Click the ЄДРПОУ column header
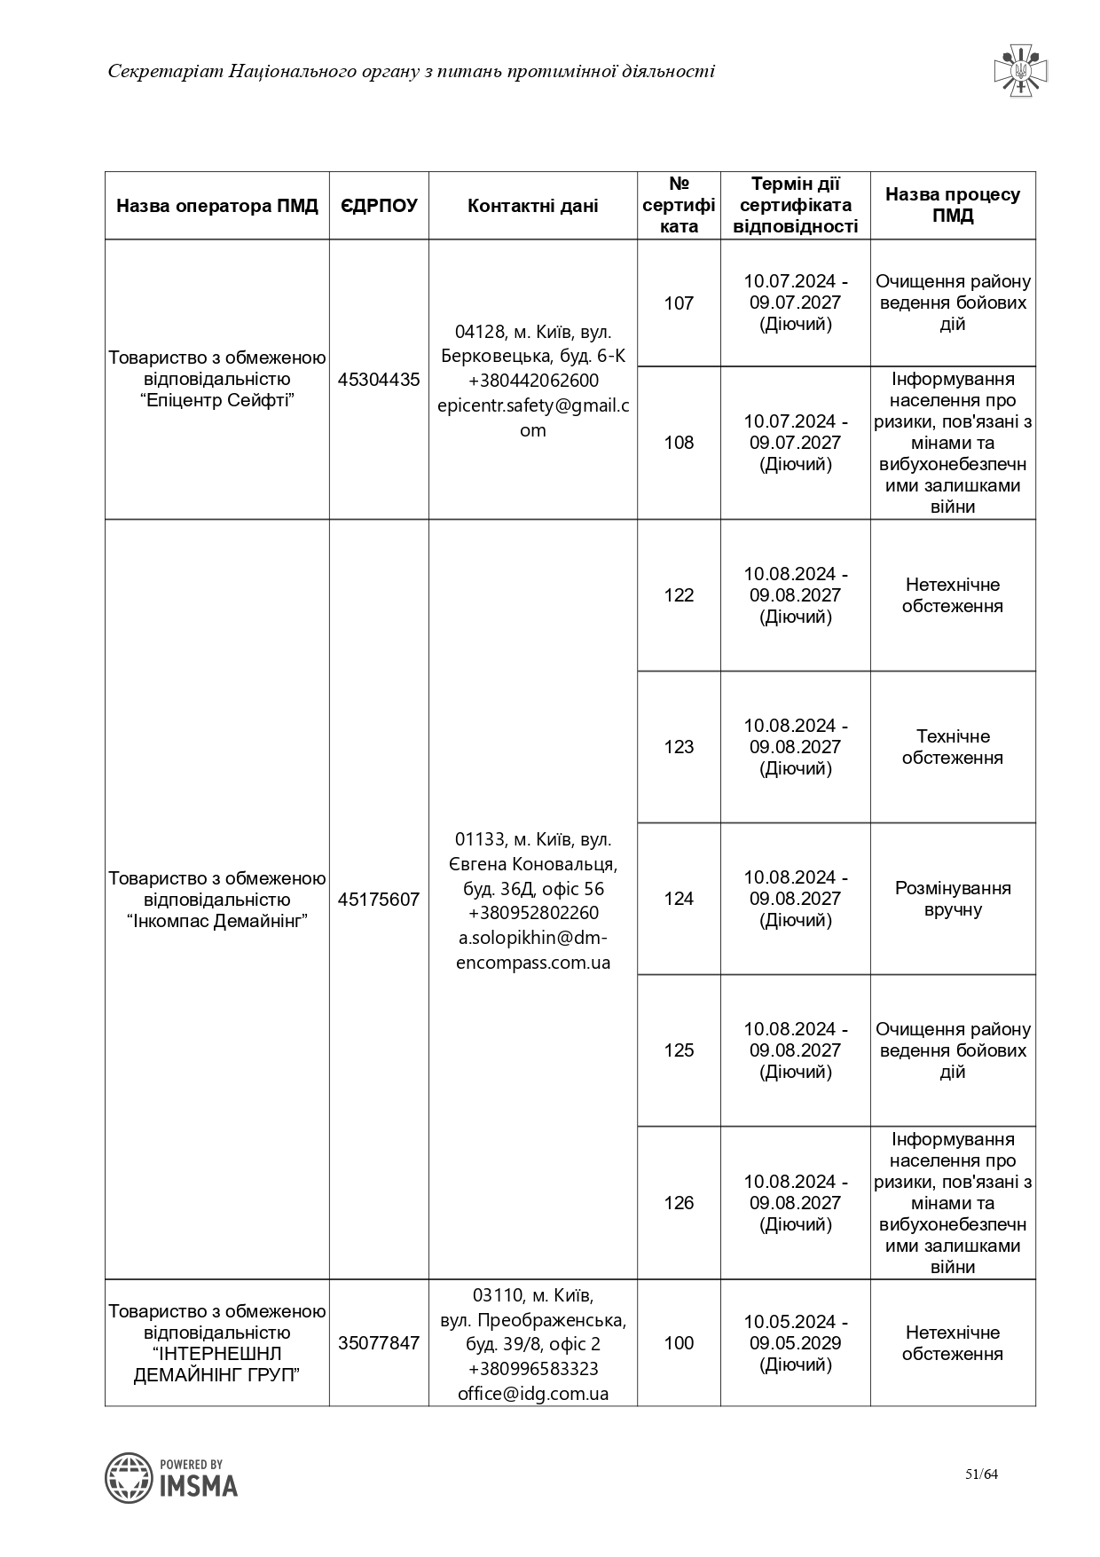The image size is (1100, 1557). (x=379, y=206)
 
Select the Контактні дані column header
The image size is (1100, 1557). (x=532, y=206)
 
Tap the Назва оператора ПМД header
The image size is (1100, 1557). (x=217, y=206)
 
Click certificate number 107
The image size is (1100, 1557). (x=679, y=303)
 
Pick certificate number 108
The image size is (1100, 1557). (x=679, y=443)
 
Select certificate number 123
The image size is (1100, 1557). (x=679, y=747)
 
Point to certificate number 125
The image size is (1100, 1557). (x=679, y=1050)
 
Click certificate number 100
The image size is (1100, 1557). (x=679, y=1343)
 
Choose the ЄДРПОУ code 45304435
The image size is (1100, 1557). (x=379, y=380)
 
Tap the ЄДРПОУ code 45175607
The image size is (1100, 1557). (x=379, y=900)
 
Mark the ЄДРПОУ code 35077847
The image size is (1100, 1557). (x=379, y=1343)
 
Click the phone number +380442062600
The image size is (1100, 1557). (x=533, y=381)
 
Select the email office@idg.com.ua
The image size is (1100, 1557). (x=533, y=1393)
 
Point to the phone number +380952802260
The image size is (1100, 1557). (x=533, y=913)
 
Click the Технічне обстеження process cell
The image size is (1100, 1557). (x=953, y=747)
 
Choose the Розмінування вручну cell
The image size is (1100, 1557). (x=953, y=899)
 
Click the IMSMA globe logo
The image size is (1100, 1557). (x=129, y=1477)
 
